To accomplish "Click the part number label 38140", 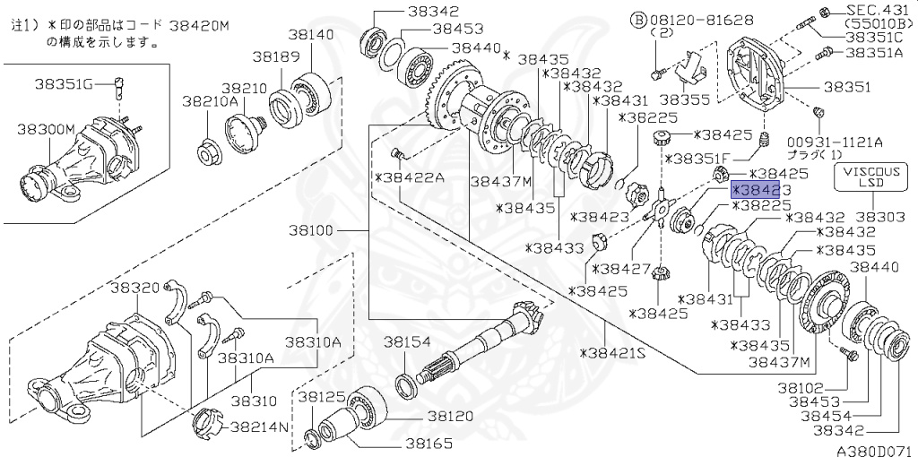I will coord(311,35).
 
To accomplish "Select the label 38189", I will coord(275,56).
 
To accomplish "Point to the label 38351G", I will coord(64,84).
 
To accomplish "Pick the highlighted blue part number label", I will coord(760,190).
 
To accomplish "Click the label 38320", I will coord(134,288).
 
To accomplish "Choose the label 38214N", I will coord(260,427).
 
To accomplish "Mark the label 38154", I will coord(408,342).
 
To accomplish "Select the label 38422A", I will coord(411,177).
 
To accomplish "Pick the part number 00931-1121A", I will coord(836,142).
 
